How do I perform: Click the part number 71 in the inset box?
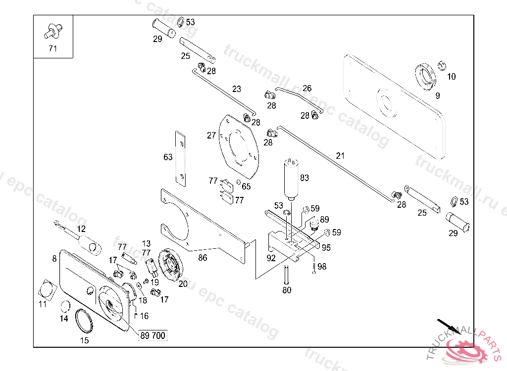(53, 48)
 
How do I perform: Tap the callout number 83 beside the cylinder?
(304, 178)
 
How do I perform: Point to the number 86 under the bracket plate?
(203, 258)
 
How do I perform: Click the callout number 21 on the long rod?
(340, 156)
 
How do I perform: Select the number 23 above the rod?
(237, 90)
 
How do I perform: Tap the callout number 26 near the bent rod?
(307, 89)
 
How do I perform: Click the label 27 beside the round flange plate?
(211, 135)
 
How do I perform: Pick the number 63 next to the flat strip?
(168, 157)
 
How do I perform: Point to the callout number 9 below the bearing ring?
(437, 96)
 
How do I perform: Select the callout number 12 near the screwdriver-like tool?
(81, 229)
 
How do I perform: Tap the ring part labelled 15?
(85, 321)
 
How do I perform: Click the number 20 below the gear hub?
(183, 284)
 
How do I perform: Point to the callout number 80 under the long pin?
(287, 290)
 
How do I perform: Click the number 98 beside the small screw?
(322, 267)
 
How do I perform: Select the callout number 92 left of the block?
(271, 258)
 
